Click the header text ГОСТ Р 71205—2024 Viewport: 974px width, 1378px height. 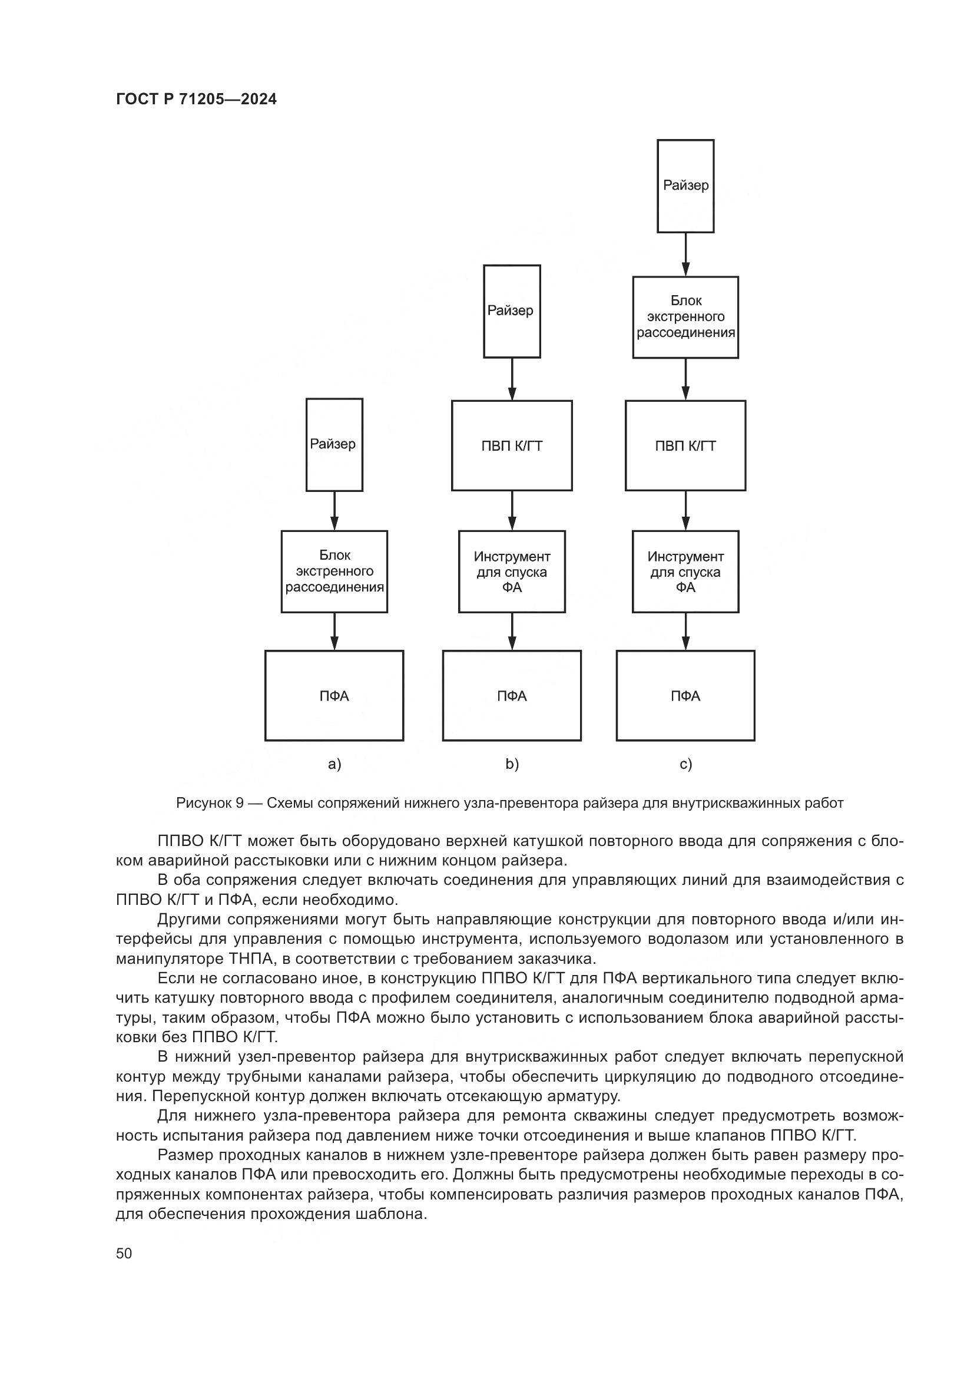click(x=196, y=100)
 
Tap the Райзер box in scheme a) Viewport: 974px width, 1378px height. click(x=334, y=445)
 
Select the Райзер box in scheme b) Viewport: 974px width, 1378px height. click(x=512, y=312)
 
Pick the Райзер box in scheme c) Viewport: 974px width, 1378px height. click(x=685, y=186)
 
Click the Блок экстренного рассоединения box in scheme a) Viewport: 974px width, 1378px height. click(x=334, y=571)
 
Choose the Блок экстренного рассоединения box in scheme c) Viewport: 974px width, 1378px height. click(x=685, y=317)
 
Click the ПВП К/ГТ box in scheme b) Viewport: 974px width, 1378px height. click(x=512, y=446)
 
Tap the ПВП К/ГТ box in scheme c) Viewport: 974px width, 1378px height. click(x=685, y=446)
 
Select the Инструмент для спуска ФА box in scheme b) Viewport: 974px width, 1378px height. click(x=512, y=571)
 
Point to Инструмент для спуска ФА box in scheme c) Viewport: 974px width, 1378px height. click(x=685, y=571)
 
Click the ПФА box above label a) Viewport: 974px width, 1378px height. click(x=334, y=696)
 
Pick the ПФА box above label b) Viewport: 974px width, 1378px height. click(x=512, y=696)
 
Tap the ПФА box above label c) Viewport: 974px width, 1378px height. click(x=685, y=696)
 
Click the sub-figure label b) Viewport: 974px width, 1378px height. click(x=512, y=764)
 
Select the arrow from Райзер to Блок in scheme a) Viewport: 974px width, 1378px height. click(x=334, y=511)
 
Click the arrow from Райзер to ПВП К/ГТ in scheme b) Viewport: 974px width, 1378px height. click(x=512, y=379)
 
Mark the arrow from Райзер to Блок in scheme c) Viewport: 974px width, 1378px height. click(x=686, y=255)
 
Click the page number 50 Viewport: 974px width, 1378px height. click(x=124, y=1253)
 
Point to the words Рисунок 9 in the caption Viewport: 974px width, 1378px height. click(x=209, y=803)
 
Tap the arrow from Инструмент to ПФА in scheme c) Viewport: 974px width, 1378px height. click(x=686, y=632)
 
